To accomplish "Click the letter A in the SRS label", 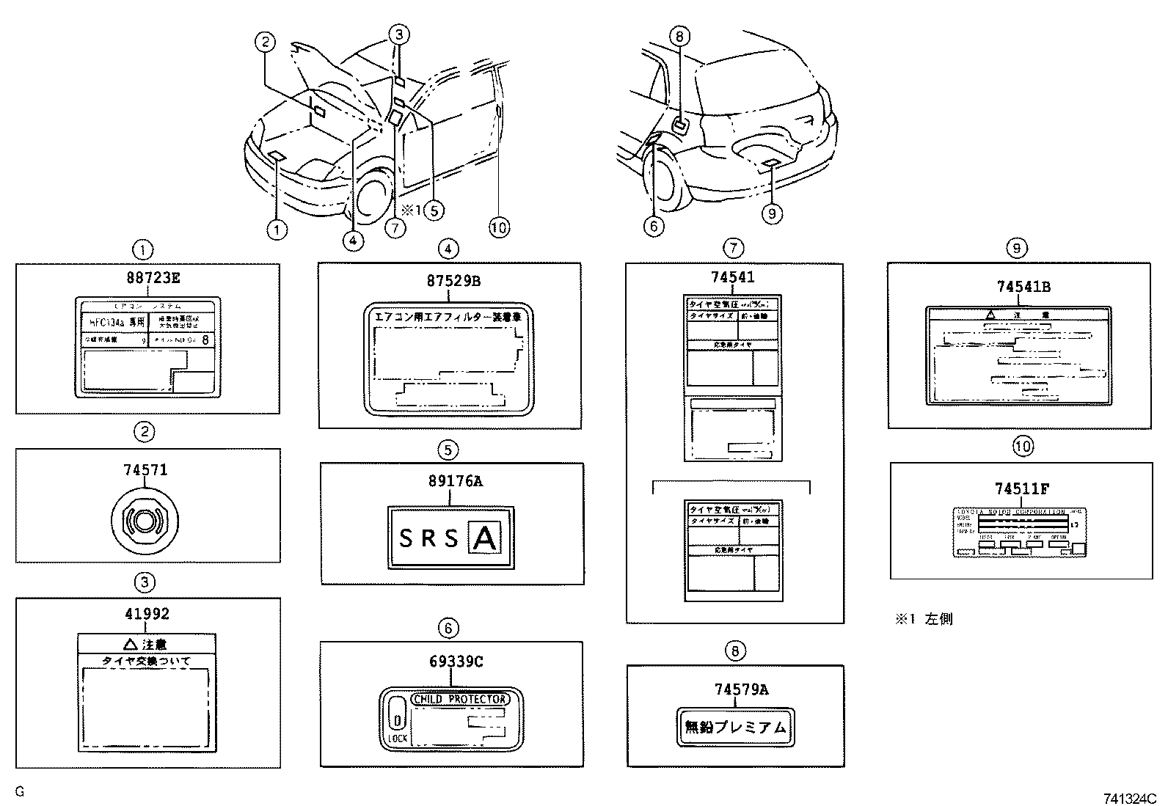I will (x=485, y=539).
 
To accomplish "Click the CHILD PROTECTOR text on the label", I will (x=460, y=699).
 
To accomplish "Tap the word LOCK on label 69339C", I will (x=398, y=738).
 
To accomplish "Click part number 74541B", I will (x=1017, y=287).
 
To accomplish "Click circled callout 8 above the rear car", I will (x=679, y=35).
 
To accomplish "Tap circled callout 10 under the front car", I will (x=499, y=227).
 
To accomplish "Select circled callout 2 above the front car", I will (x=266, y=42).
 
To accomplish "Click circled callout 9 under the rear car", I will (x=771, y=213).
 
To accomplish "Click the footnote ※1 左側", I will (x=923, y=619).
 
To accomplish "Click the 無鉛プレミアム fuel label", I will (x=734, y=728).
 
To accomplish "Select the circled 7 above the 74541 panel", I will (x=732, y=247).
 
